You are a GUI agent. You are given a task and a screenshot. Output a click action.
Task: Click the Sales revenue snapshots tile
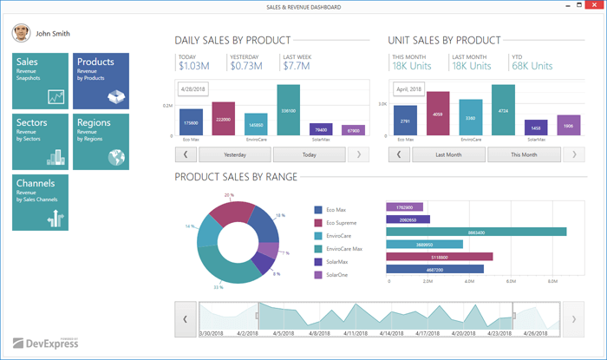click(40, 81)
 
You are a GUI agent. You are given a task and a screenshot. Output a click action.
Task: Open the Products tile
click(101, 81)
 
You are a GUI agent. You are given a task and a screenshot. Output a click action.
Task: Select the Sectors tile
click(40, 141)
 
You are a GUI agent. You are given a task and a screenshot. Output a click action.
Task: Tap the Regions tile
click(101, 141)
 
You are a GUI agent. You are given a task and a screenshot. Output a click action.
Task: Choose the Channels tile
click(40, 202)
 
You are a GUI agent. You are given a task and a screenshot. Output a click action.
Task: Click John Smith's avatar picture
click(20, 34)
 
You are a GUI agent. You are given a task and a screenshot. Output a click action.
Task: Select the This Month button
click(524, 154)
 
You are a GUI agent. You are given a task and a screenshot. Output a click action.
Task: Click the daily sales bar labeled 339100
click(289, 110)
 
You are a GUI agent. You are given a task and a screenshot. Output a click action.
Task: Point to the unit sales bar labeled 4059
click(437, 114)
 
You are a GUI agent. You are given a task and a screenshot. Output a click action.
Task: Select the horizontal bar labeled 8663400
click(476, 232)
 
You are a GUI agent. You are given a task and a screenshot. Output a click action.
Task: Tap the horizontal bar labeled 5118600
click(440, 257)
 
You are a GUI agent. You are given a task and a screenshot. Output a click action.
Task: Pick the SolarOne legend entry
click(336, 275)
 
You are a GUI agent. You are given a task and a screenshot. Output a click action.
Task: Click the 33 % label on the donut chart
click(219, 287)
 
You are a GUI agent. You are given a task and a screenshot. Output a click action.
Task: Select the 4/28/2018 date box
click(194, 88)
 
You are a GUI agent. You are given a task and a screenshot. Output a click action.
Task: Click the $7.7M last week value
click(297, 66)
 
